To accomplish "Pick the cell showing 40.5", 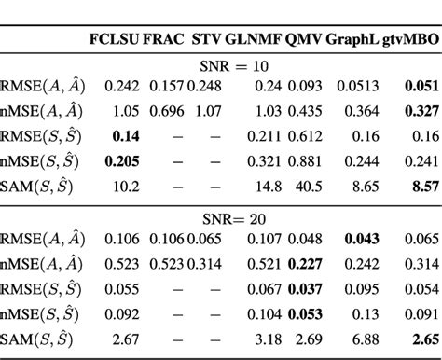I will (x=300, y=186).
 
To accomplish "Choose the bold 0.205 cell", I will (x=117, y=161).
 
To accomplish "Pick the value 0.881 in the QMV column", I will (x=300, y=161).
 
